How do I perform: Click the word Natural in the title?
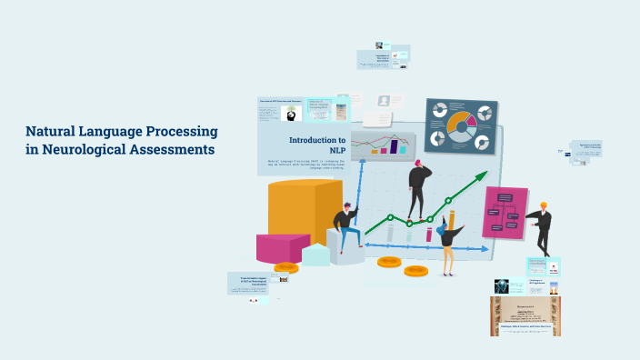point(52,132)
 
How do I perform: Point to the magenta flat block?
point(284,247)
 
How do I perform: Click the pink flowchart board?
point(505,214)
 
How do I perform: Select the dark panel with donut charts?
point(461,125)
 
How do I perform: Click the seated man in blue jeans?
point(345,227)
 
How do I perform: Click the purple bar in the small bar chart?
point(395,146)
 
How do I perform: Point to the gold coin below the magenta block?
point(286,268)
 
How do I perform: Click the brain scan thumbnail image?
point(499,285)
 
